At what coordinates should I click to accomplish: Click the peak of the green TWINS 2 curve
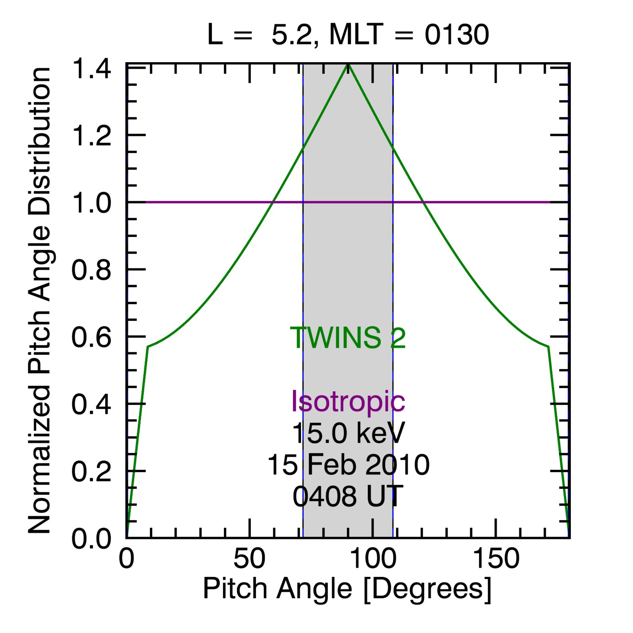point(348,64)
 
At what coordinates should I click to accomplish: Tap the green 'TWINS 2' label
point(348,338)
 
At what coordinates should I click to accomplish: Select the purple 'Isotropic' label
point(348,401)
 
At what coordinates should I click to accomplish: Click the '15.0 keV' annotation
point(348,433)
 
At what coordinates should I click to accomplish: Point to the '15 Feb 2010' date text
point(348,465)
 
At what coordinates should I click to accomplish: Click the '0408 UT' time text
point(348,496)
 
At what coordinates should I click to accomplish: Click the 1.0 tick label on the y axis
point(91,203)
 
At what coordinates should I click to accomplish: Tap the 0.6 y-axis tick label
point(91,337)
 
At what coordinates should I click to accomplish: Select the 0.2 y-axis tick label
point(91,471)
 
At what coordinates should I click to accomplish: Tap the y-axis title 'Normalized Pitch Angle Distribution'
point(39,301)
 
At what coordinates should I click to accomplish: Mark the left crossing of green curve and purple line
point(273,202)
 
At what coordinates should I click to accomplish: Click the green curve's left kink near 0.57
point(147,346)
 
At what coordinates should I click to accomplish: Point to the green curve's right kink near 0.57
point(549,346)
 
